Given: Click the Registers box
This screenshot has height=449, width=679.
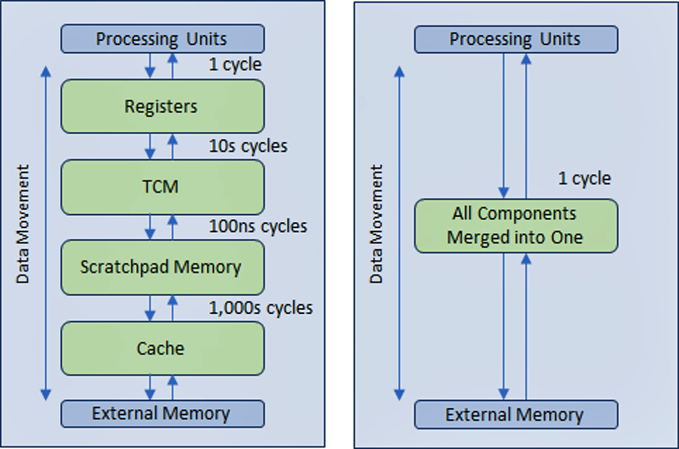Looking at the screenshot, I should point(162,107).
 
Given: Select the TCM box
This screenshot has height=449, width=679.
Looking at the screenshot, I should point(162,187).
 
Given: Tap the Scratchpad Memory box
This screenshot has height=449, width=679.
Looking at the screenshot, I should point(162,267).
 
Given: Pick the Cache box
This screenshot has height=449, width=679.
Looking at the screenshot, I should point(162,348).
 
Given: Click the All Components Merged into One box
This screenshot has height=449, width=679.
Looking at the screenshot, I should point(516,226).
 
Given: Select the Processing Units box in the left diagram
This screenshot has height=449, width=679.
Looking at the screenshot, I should point(162,39).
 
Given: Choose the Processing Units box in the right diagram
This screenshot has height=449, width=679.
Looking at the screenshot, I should point(516,39).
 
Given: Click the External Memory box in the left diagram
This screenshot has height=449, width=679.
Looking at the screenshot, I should point(162,414).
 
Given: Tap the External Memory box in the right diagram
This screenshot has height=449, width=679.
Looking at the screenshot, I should point(516,415).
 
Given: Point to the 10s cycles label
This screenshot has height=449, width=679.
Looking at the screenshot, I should point(248,146).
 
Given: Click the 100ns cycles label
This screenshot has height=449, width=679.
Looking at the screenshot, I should point(258,226).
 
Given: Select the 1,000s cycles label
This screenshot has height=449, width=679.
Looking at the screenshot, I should point(261,307).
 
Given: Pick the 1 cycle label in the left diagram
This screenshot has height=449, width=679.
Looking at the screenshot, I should point(235,65).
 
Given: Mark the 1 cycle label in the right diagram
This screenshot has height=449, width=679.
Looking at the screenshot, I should point(584,178).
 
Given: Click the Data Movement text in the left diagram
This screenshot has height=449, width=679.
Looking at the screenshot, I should point(23,224).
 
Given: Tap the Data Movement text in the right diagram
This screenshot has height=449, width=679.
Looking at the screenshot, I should point(377,224).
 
